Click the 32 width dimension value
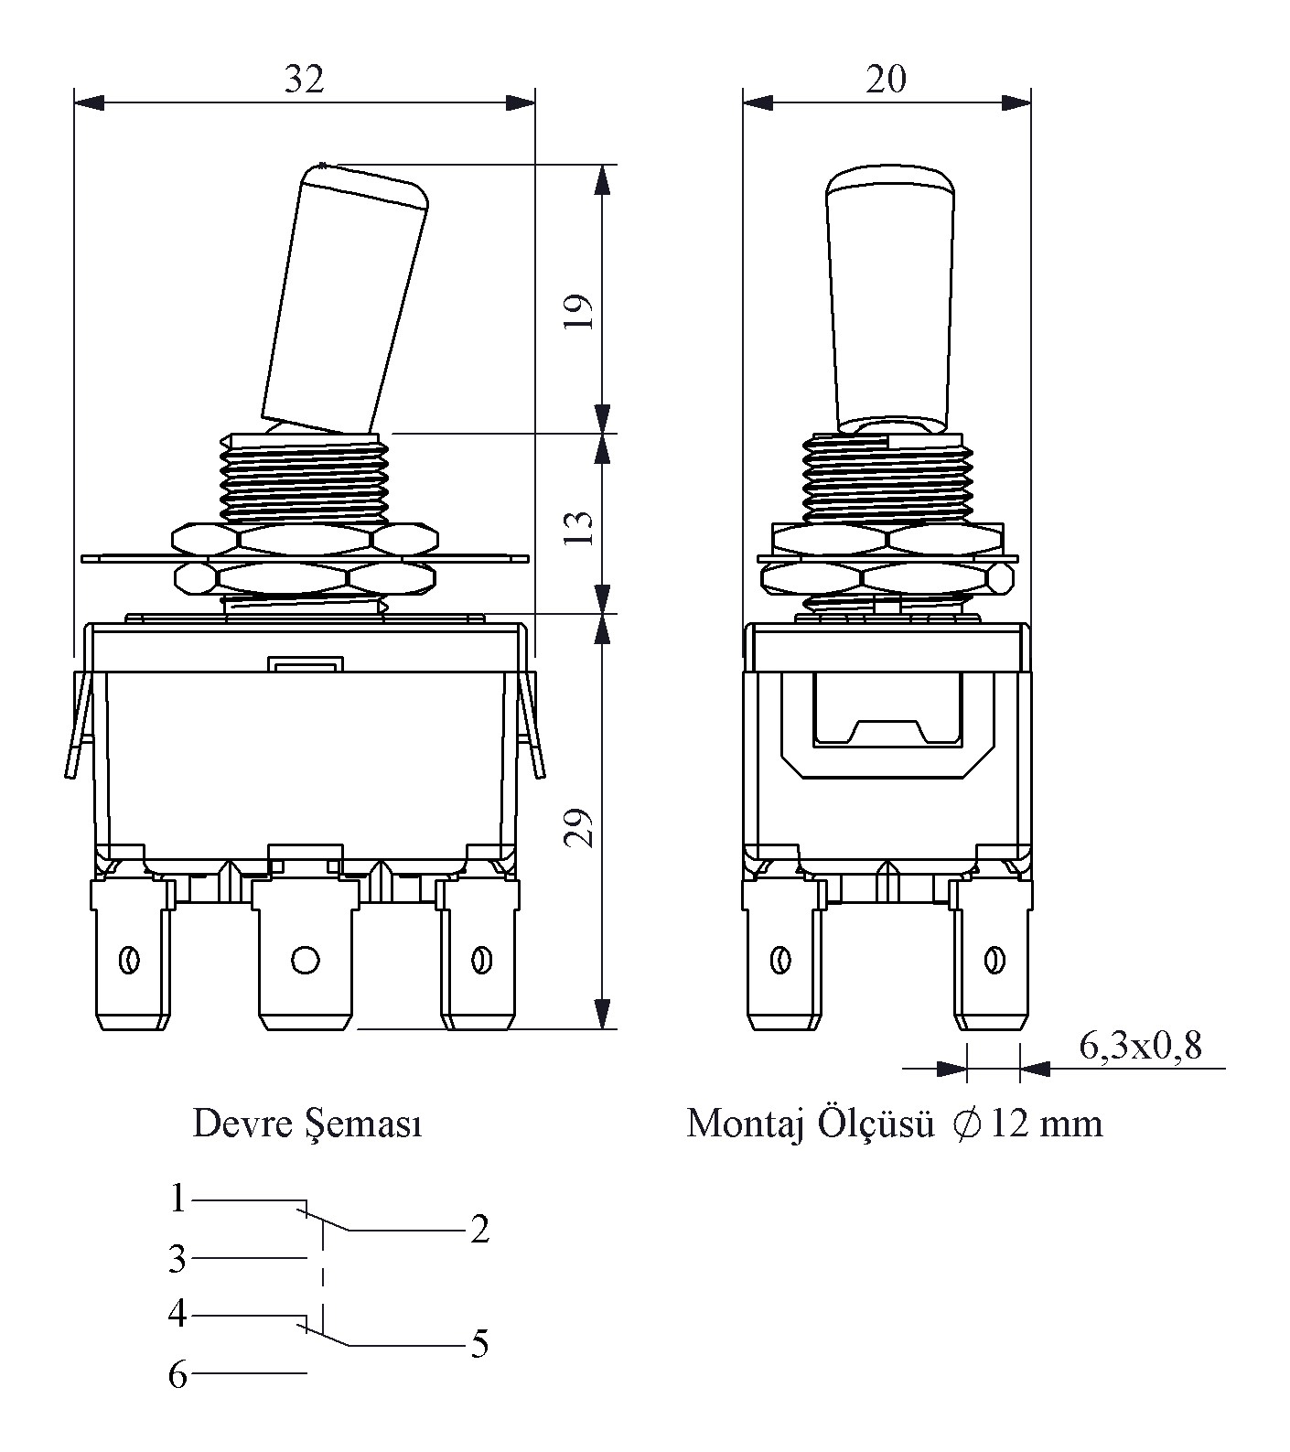pos(304,80)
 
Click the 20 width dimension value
pos(886,80)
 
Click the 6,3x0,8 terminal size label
pos(1140,1046)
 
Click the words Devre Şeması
pos(307,1124)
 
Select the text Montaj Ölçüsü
pos(810,1124)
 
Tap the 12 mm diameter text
pos(1047,1124)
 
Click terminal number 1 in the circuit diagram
pos(177,1199)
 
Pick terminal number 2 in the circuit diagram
pos(479,1230)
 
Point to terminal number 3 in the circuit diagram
pos(177,1260)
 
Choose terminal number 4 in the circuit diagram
pos(177,1315)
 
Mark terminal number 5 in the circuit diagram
pos(479,1345)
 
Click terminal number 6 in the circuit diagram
pos(177,1374)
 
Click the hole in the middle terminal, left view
pos(305,960)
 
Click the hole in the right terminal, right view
pos(992,960)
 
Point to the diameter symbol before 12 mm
pos(966,1124)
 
